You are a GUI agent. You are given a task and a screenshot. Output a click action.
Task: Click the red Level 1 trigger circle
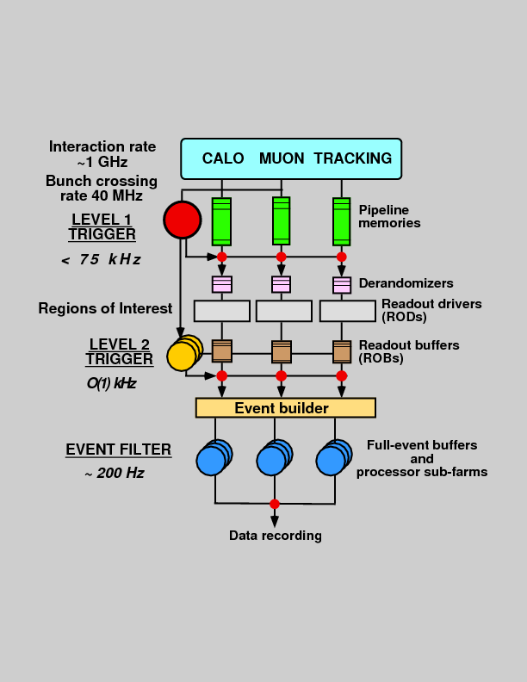tap(182, 220)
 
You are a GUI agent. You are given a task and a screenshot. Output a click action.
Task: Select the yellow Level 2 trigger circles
tap(183, 353)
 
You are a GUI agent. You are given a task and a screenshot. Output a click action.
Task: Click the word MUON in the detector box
tap(281, 158)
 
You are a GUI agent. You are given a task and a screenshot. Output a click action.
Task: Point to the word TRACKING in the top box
tap(352, 158)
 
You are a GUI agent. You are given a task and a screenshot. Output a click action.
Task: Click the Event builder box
tap(285, 407)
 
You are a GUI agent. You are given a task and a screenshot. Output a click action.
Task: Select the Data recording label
tap(275, 536)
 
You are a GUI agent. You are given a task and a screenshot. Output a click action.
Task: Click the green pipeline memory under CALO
tap(221, 221)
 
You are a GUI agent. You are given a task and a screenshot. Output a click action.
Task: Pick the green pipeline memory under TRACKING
tap(342, 221)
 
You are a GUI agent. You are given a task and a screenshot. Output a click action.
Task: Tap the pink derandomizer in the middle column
tap(281, 284)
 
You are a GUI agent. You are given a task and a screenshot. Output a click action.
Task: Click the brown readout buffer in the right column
tap(342, 350)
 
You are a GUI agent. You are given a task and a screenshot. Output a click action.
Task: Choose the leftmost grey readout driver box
tap(221, 311)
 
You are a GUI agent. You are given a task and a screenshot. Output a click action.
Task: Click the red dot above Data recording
tap(275, 504)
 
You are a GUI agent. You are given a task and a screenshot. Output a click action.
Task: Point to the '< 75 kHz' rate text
tap(101, 260)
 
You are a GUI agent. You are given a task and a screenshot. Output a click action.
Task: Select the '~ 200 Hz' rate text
tap(114, 473)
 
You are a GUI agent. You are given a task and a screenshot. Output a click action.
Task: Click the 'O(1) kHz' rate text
tap(111, 382)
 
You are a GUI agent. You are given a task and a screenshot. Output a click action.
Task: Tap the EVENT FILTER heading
tap(118, 449)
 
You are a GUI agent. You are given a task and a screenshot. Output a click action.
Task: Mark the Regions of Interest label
tap(105, 308)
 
